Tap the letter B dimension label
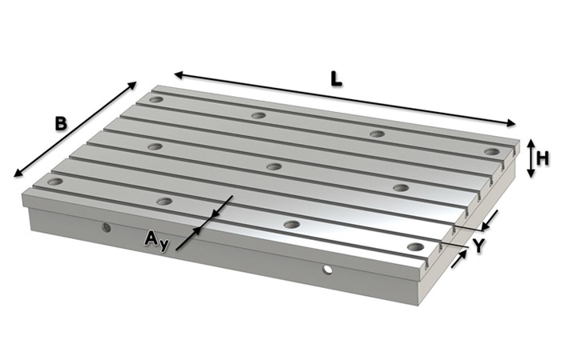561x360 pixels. tap(61, 124)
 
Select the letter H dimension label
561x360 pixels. tap(543, 158)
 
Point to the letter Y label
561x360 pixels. tap(478, 246)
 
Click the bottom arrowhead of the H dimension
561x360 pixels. tap(530, 175)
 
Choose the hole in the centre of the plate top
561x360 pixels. tap(274, 167)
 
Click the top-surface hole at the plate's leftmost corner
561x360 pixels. tap(54, 182)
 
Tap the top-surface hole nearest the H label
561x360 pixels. tap(491, 151)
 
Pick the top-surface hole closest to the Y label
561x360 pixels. tap(414, 246)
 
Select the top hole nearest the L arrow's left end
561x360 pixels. tap(155, 100)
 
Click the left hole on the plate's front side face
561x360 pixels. tap(106, 227)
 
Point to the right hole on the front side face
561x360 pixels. tap(327, 270)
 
